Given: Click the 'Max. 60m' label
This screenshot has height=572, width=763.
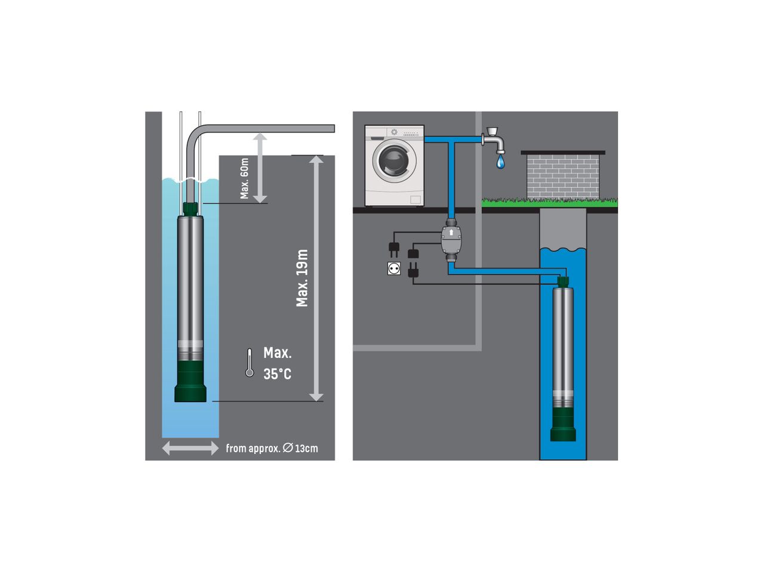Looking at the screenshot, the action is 244,178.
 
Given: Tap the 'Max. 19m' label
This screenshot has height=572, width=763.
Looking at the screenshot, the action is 301,278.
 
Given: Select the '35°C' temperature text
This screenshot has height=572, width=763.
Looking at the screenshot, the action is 277,374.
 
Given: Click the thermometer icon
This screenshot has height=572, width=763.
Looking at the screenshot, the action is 249,363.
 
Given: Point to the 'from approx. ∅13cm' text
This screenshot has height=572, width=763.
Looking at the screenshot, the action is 272,449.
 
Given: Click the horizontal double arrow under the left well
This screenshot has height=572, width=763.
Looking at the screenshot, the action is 190,448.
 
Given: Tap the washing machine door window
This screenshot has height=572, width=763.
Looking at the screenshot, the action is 394,161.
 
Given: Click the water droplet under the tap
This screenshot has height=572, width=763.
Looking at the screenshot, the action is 500,162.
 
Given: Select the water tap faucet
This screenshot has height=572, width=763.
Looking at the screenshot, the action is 493,141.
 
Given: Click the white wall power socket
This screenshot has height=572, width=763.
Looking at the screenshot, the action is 394,268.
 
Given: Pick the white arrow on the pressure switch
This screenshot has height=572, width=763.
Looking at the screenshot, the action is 451,233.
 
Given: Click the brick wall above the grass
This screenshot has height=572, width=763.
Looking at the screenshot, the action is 563,177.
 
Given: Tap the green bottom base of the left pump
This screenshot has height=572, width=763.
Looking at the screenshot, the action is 190,381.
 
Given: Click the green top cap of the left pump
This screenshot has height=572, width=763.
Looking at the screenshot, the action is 190,209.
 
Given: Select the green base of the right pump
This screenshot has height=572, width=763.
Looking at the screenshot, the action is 563,424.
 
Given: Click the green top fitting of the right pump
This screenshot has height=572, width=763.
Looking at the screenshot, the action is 563,282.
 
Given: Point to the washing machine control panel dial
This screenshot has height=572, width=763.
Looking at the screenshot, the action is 394,132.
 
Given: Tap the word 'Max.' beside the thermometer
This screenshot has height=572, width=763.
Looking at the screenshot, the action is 278,353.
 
